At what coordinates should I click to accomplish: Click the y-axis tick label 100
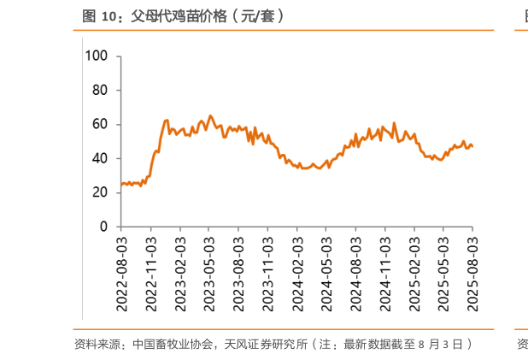[x=97, y=56]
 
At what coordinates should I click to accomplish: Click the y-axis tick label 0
[x=104, y=227]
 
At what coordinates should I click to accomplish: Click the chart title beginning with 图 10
[x=183, y=15]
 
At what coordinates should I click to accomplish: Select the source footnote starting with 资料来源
[x=273, y=344]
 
